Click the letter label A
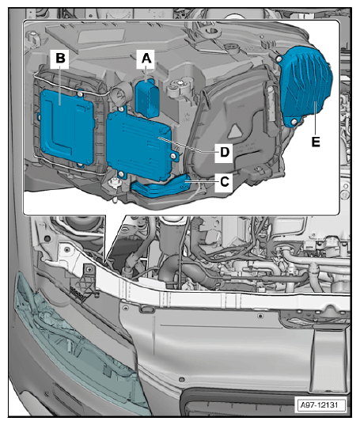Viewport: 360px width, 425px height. tap(146, 59)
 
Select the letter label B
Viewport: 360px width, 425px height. tap(60, 59)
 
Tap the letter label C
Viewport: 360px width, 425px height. tap(225, 181)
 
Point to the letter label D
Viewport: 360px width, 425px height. tap(225, 152)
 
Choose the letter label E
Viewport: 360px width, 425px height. tap(316, 142)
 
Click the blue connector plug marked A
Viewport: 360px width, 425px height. tap(147, 98)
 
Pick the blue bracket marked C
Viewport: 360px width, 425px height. tap(160, 187)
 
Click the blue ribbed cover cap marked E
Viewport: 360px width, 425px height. tap(306, 85)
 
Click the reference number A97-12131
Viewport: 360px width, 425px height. tap(319, 405)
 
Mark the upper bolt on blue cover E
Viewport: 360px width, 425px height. tap(279, 59)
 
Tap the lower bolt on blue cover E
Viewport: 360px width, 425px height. tap(294, 122)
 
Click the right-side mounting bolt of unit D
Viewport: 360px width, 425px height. tap(173, 156)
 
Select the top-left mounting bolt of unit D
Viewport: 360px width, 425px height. tap(121, 109)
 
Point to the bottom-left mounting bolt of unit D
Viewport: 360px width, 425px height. tap(121, 174)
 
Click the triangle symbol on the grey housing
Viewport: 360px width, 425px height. tap(237, 131)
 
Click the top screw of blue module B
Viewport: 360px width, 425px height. tap(80, 94)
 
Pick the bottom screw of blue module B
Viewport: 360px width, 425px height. tap(79, 165)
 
